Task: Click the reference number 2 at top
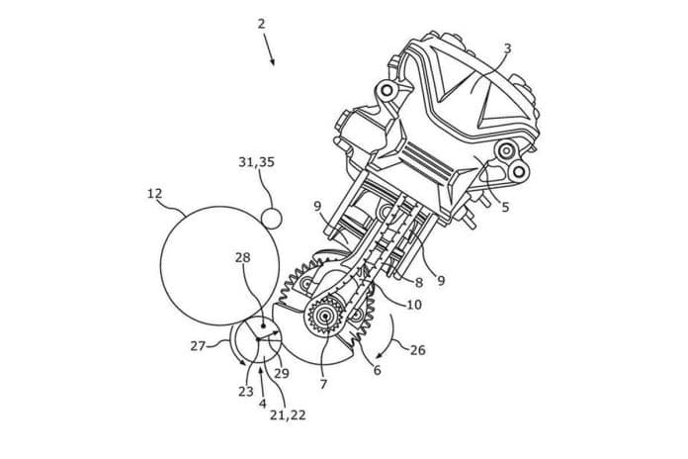(x=262, y=24)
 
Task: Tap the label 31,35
(x=257, y=162)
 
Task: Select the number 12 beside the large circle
(x=154, y=193)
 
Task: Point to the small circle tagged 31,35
(x=271, y=219)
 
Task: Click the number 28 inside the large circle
(x=242, y=257)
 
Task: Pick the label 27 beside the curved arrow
(x=198, y=346)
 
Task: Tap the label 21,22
(x=288, y=414)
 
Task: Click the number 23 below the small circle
(x=246, y=391)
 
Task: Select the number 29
(x=282, y=373)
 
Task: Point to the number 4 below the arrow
(x=262, y=404)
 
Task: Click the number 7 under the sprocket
(x=323, y=384)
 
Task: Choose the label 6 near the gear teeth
(x=377, y=370)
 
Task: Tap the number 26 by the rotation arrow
(x=418, y=350)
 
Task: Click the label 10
(x=414, y=304)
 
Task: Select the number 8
(x=419, y=283)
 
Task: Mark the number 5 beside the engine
(x=505, y=207)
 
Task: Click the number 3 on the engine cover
(x=508, y=48)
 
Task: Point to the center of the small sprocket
(x=325, y=316)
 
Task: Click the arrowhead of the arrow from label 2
(x=273, y=62)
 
